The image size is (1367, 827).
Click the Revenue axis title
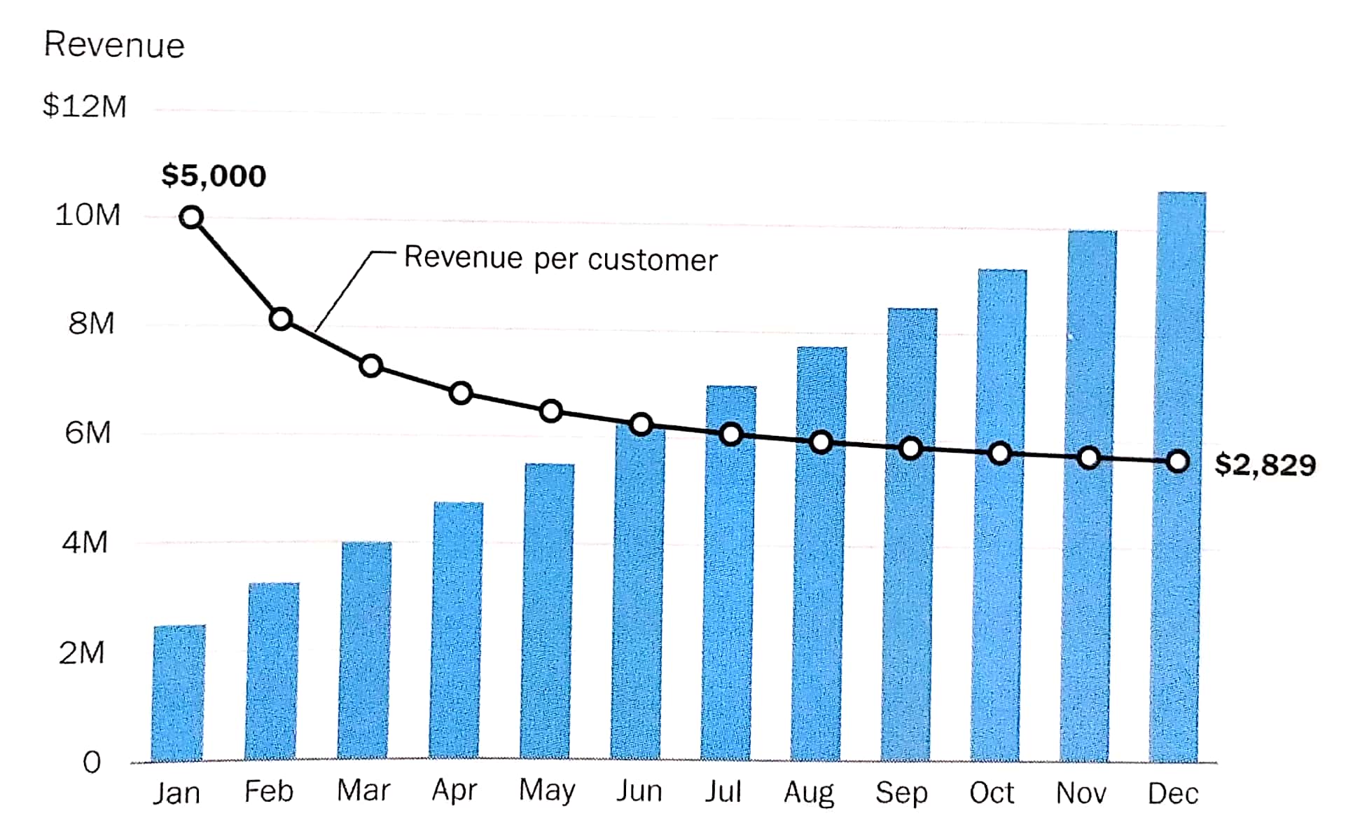[x=114, y=45]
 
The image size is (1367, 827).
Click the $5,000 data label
[x=214, y=175]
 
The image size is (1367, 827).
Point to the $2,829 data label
[x=1265, y=465]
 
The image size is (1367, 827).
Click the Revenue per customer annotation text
[x=561, y=259]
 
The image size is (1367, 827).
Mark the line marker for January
[x=191, y=217]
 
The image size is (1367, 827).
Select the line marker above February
[x=281, y=319]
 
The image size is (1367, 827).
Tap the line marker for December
[x=1178, y=461]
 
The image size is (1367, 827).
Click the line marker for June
[x=641, y=424]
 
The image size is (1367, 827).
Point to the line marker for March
[x=370, y=366]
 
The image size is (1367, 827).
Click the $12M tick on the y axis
[x=85, y=107]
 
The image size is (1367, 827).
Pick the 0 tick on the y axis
[x=92, y=762]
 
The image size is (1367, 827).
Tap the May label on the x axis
[x=547, y=791]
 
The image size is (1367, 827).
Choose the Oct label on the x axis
[x=992, y=793]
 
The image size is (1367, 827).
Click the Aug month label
[x=809, y=793]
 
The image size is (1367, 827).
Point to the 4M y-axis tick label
[x=85, y=542]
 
